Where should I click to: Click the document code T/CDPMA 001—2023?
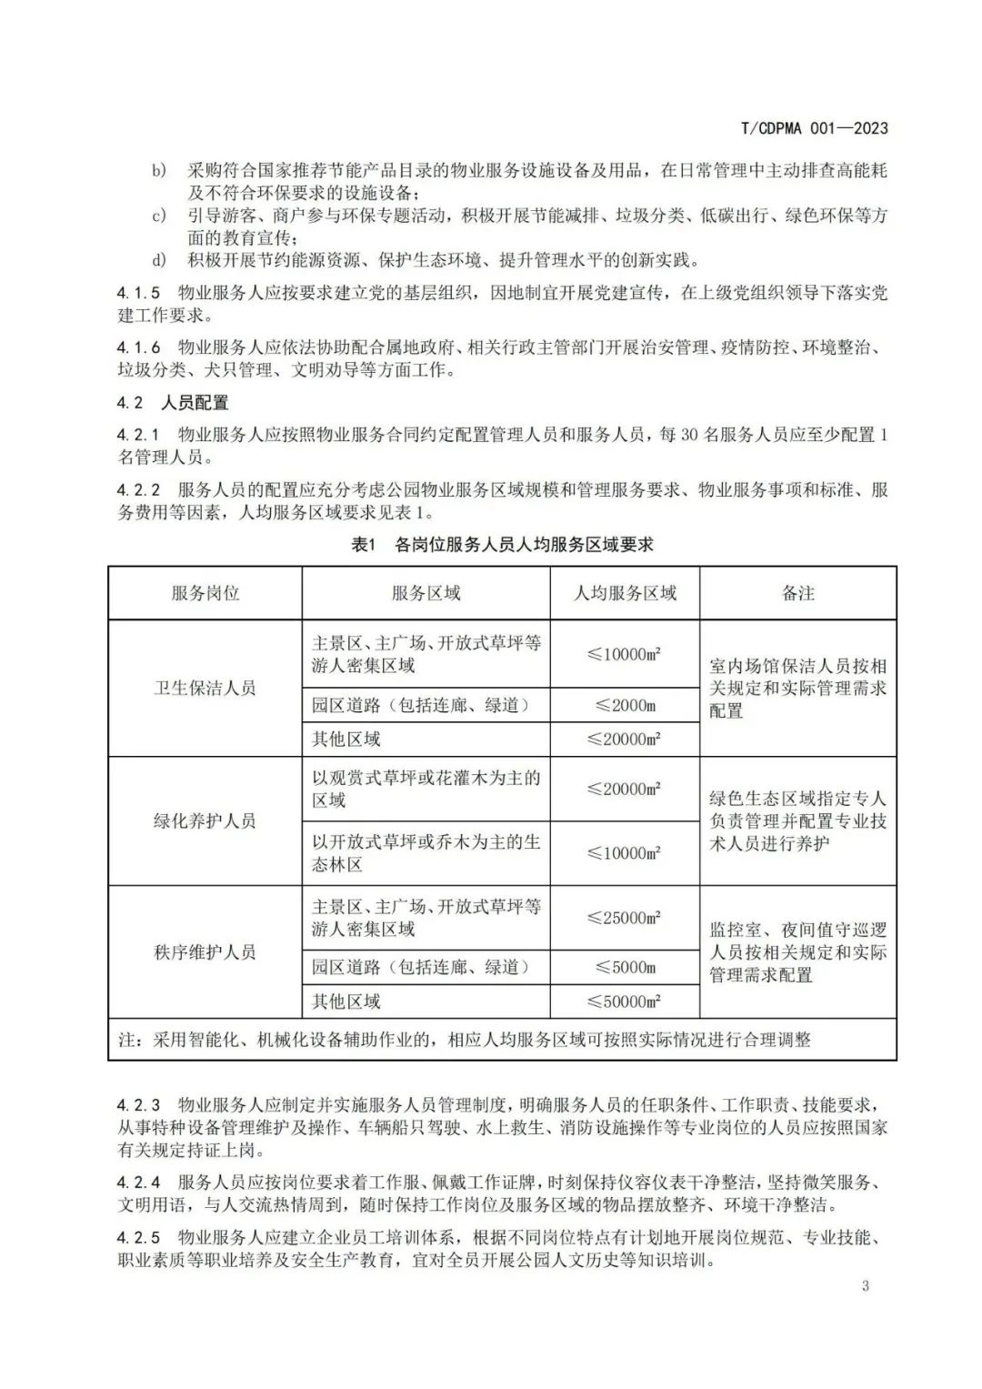(x=814, y=128)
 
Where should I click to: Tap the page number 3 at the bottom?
(x=865, y=1285)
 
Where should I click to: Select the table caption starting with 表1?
(x=502, y=544)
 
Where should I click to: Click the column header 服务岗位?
(x=205, y=593)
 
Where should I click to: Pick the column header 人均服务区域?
(x=625, y=593)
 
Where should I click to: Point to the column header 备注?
(x=797, y=593)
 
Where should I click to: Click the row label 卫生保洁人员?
(x=205, y=688)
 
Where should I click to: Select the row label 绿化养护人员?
(x=205, y=820)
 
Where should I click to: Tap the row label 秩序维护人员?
(x=205, y=951)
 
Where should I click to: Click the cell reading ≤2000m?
(x=625, y=705)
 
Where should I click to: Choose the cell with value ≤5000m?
(x=625, y=967)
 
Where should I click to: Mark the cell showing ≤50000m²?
(x=625, y=1001)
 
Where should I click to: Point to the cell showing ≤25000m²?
(x=625, y=918)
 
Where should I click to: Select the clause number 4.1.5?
(x=138, y=293)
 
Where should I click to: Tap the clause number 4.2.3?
(x=138, y=1105)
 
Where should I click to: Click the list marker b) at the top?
(x=159, y=170)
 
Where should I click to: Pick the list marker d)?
(x=159, y=260)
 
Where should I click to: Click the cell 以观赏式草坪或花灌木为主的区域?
(x=426, y=789)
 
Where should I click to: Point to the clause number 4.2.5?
(x=138, y=1238)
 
